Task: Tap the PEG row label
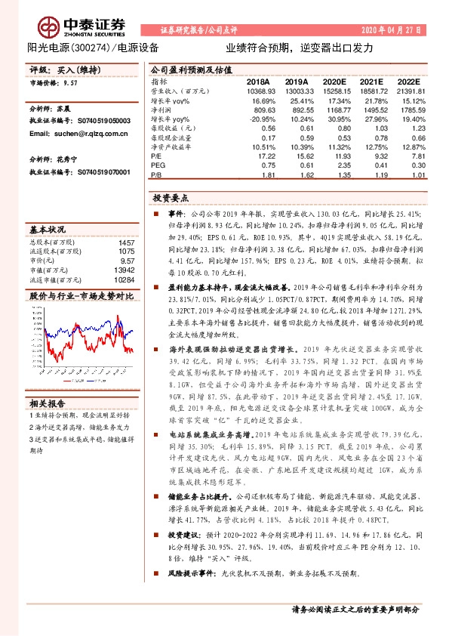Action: click(158, 165)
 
